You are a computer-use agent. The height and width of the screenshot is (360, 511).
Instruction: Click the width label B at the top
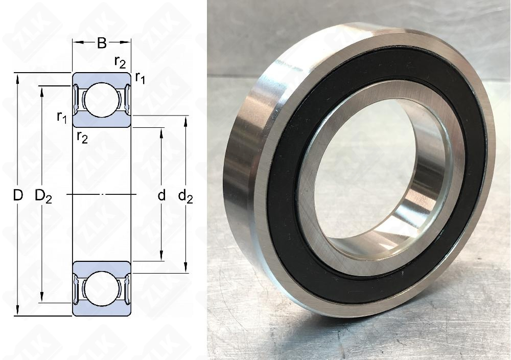pyautogui.click(x=102, y=43)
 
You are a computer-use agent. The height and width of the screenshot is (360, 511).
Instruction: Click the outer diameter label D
pyautogui.click(x=18, y=195)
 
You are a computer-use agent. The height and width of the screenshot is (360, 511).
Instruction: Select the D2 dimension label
pyautogui.click(x=43, y=196)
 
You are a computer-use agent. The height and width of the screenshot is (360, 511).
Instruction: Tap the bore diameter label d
pyautogui.click(x=161, y=195)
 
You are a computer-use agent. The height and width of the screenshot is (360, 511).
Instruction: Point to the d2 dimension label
pyautogui.click(x=185, y=196)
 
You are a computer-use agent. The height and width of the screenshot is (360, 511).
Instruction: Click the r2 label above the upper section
pyautogui.click(x=120, y=62)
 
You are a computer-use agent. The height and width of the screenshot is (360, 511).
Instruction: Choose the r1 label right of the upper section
pyautogui.click(x=140, y=78)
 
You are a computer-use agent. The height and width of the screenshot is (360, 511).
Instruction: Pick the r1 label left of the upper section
pyautogui.click(x=62, y=117)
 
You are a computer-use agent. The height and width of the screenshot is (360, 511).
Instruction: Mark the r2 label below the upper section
pyautogui.click(x=82, y=137)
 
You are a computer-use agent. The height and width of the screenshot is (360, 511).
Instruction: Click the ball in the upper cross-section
pyautogui.click(x=102, y=100)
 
